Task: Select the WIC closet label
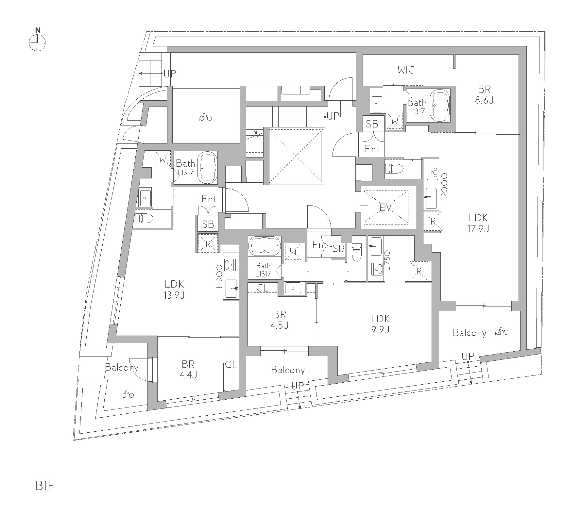[x=406, y=70]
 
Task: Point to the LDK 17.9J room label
[x=478, y=223]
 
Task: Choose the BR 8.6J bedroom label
[x=484, y=94]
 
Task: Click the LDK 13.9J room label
[x=174, y=290]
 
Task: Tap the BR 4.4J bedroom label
[x=188, y=369]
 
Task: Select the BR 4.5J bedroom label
[x=279, y=320]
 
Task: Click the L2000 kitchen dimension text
[x=444, y=187]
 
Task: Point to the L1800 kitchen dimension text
[x=219, y=275]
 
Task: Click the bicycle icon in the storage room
[x=205, y=117]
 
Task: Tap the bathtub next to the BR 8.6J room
[x=440, y=104]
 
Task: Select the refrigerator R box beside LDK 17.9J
[x=433, y=221]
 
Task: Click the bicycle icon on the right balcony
[x=502, y=332]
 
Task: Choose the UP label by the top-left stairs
[x=170, y=74]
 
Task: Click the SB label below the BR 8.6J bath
[x=372, y=124]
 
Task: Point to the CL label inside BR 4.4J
[x=231, y=365]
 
